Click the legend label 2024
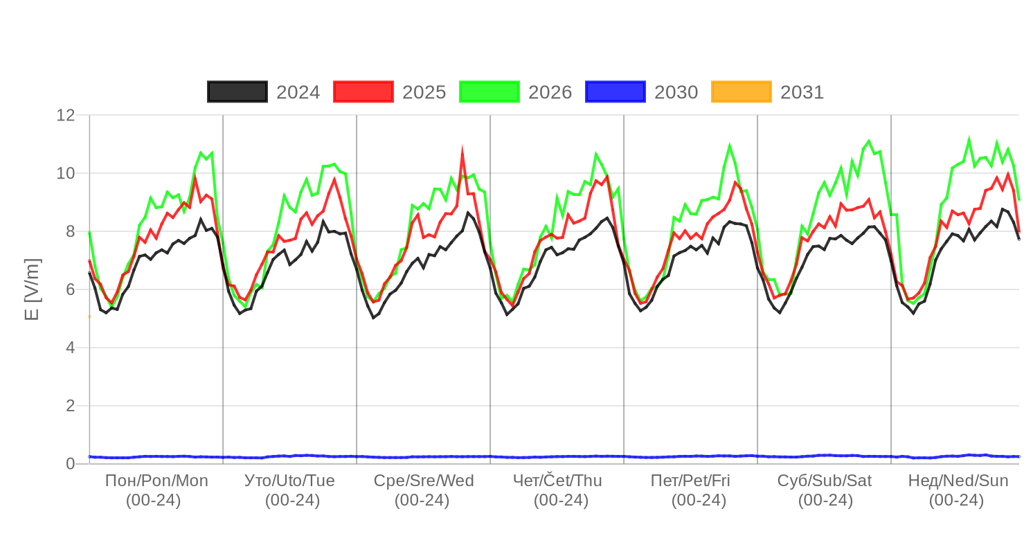[x=298, y=93]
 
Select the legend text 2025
[x=424, y=93]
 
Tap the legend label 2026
[x=550, y=93]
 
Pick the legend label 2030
[x=676, y=93]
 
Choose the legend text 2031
[x=802, y=93]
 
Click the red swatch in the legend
[x=363, y=92]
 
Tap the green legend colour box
[x=489, y=92]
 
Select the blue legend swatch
[x=616, y=92]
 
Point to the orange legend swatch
[x=742, y=92]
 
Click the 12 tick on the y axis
[x=65, y=115]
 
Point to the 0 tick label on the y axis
[x=70, y=463]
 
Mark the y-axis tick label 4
[x=70, y=347]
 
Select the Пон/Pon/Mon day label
[x=156, y=481]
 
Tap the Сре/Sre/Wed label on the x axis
[x=424, y=481]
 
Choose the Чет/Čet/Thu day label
[x=557, y=481]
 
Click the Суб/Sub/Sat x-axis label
[x=825, y=481]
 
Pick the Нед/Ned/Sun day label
[x=958, y=481]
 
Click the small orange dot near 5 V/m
[x=89, y=316]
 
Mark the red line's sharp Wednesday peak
[x=462, y=148]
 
